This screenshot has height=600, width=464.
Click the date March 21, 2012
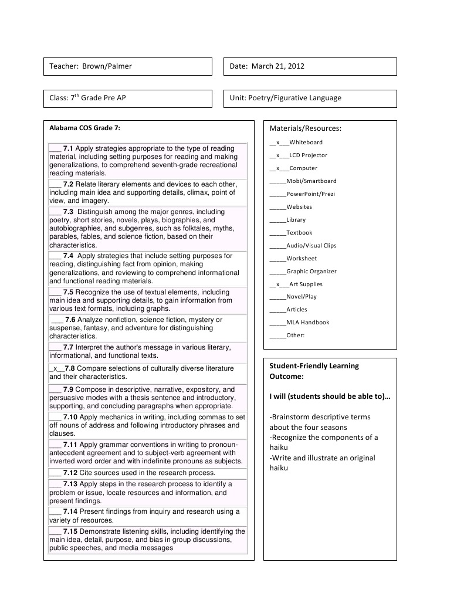278,66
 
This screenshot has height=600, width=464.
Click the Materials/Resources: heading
305,128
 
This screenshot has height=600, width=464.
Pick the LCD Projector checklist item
308,155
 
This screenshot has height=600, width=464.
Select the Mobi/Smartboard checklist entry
311,181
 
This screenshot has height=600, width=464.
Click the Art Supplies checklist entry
306,284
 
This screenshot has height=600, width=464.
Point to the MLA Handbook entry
307,322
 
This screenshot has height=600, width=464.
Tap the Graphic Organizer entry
311,272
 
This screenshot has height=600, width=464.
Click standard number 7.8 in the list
70,368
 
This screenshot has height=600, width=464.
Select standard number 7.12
70,473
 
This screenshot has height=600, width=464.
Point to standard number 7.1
68,149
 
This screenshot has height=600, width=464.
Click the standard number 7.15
70,531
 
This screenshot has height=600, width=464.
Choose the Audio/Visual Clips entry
311,246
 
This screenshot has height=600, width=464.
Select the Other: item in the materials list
295,335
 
